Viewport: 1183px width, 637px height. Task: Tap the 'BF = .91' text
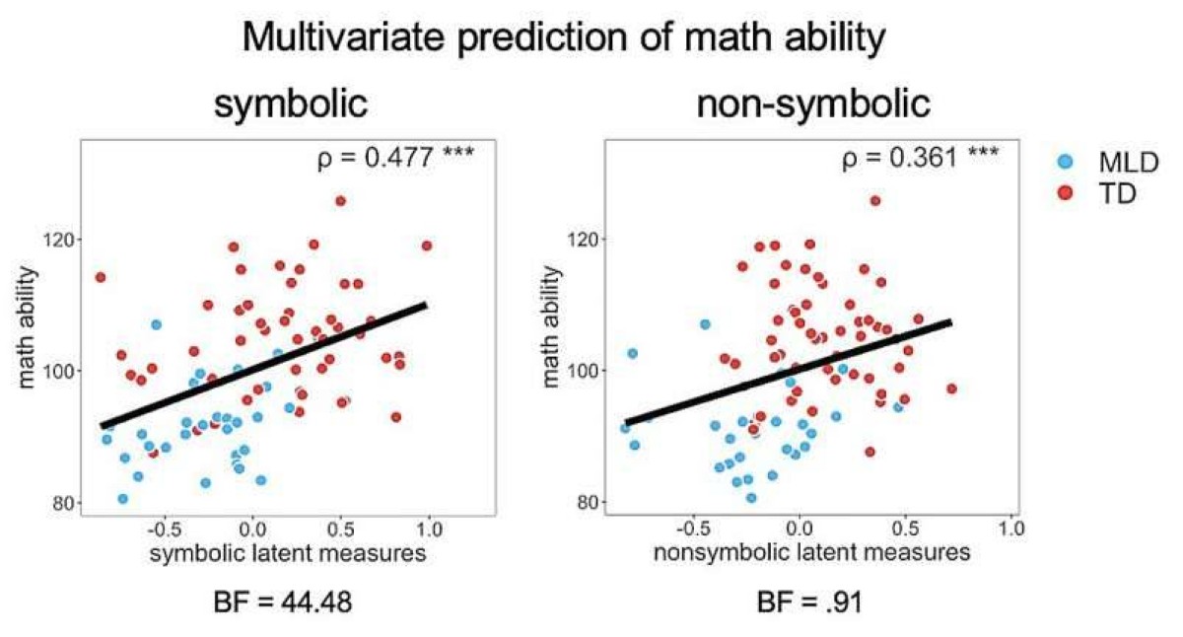click(x=811, y=601)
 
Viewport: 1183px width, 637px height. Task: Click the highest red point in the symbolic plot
click(x=340, y=201)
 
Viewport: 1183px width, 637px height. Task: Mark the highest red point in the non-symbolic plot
click(x=874, y=201)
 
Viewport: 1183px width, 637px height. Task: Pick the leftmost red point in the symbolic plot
click(x=100, y=277)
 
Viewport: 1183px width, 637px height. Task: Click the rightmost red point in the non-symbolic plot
click(x=951, y=389)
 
